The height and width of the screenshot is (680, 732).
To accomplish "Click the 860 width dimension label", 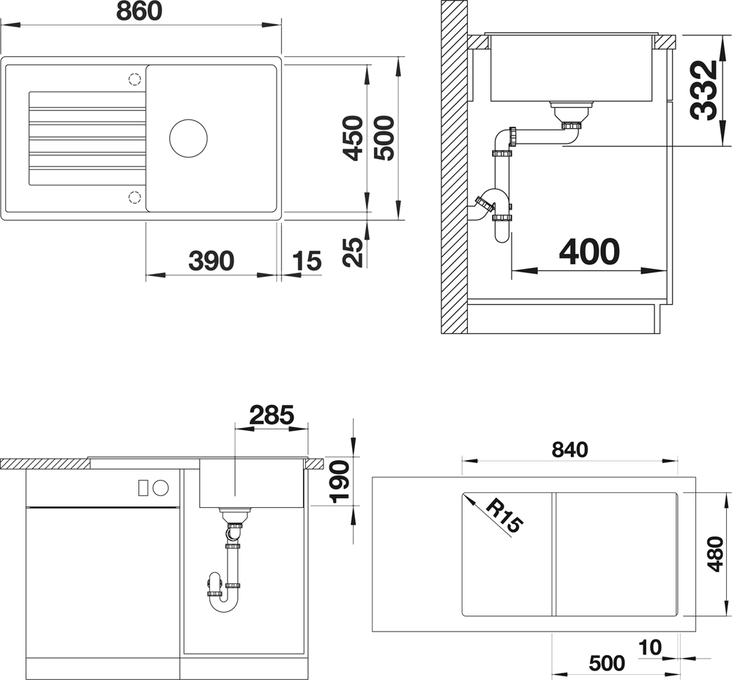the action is pyautogui.click(x=139, y=11).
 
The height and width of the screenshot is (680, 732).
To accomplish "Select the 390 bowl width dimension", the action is pyautogui.click(x=211, y=261).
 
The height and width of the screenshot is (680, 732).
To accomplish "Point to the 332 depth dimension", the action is pyautogui.click(x=703, y=90).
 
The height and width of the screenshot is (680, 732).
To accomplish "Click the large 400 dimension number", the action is pyautogui.click(x=589, y=252).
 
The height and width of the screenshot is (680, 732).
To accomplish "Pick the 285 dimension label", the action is pyautogui.click(x=272, y=415).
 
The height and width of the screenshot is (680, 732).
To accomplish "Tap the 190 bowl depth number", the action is pyautogui.click(x=340, y=482).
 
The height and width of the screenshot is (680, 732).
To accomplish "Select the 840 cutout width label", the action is pyautogui.click(x=569, y=450).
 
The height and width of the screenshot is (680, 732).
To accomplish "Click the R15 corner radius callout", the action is pyautogui.click(x=504, y=515).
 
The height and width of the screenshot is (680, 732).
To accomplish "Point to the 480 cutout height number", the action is pyautogui.click(x=717, y=554).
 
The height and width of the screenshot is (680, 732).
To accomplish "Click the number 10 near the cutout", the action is pyautogui.click(x=650, y=647).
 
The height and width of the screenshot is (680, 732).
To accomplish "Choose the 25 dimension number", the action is pyautogui.click(x=353, y=252).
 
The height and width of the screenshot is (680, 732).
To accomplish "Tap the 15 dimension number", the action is pyautogui.click(x=307, y=261).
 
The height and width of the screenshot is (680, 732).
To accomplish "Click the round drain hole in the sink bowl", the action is pyautogui.click(x=188, y=138).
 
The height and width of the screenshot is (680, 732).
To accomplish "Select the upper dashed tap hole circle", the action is pyautogui.click(x=135, y=79).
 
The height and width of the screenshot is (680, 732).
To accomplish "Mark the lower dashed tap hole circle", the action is pyautogui.click(x=135, y=197).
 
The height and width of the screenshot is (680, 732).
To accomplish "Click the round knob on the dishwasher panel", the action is pyautogui.click(x=160, y=487).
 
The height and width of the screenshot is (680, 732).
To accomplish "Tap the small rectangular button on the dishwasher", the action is pyautogui.click(x=143, y=487).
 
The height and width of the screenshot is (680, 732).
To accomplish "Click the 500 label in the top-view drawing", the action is pyautogui.click(x=384, y=138).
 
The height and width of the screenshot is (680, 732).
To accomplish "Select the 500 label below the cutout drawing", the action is pyautogui.click(x=607, y=663).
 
